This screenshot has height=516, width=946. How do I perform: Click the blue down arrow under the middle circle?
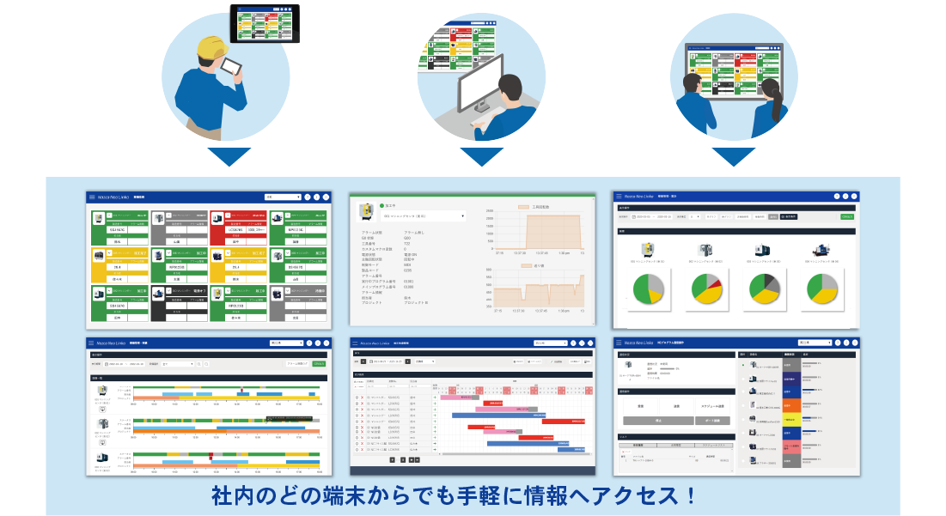point(481,156)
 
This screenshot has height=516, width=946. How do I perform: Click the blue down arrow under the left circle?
point(229,156)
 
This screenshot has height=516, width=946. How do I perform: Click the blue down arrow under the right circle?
point(733,156)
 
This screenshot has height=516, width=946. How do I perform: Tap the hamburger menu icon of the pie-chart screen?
point(619,197)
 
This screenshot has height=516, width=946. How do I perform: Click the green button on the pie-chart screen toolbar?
point(846,217)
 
